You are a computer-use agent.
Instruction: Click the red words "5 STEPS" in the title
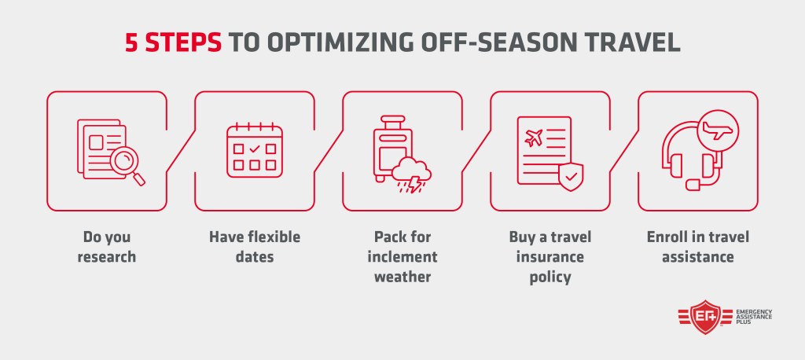(x=174, y=43)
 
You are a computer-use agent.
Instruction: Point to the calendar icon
(x=255, y=150)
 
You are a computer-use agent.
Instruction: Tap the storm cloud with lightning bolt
(x=411, y=175)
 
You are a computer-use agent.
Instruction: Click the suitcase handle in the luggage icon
(x=393, y=122)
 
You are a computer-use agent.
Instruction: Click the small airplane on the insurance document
(x=534, y=138)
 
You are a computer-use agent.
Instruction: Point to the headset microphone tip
(x=693, y=185)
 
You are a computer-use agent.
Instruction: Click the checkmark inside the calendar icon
(x=255, y=149)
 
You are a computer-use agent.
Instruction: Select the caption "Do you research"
(x=107, y=247)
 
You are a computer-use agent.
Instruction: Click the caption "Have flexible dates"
(x=255, y=247)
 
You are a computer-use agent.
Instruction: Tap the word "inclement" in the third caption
(x=402, y=257)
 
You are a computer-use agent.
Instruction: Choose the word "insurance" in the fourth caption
(x=550, y=257)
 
